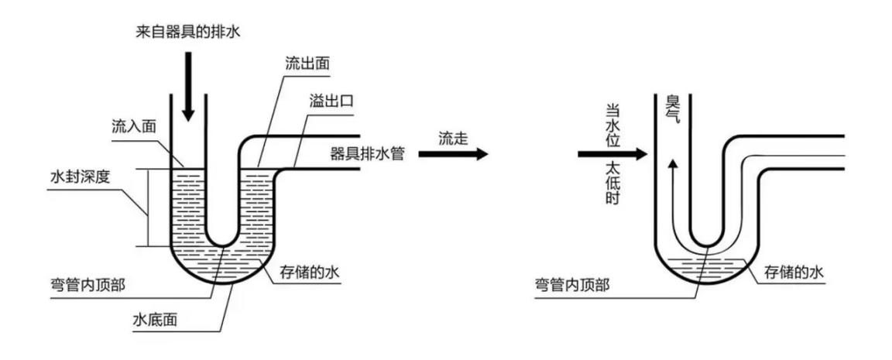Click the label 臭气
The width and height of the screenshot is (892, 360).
tap(671, 112)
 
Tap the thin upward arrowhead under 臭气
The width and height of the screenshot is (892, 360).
tap(671, 163)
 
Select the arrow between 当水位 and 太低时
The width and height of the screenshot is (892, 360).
tap(612, 155)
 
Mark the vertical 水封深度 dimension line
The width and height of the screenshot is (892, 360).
tap(148, 207)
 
